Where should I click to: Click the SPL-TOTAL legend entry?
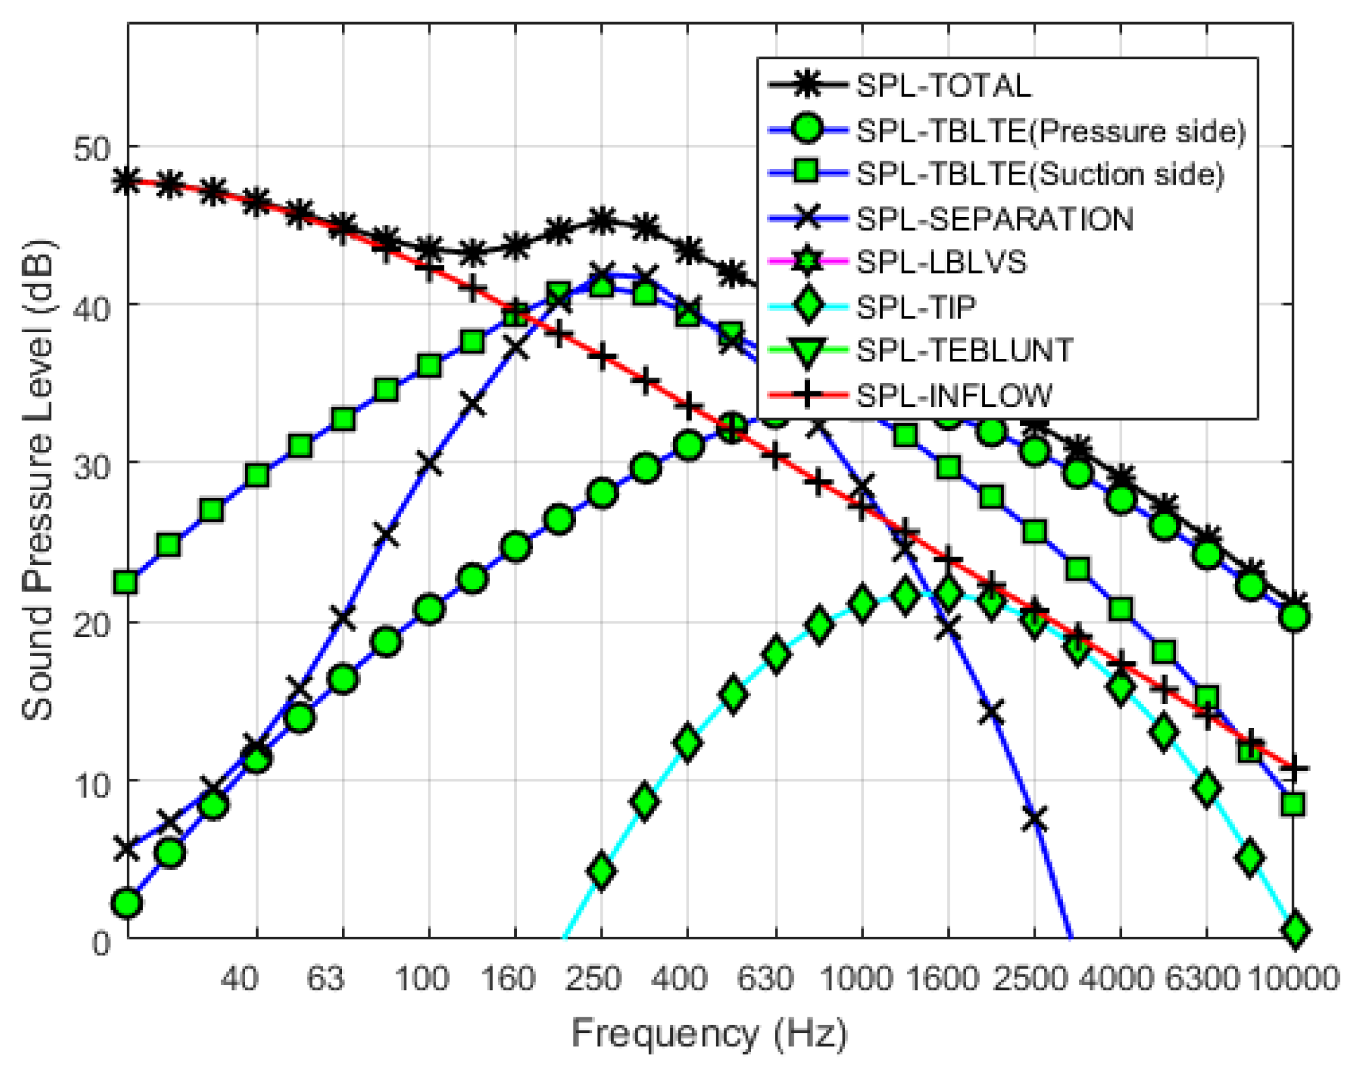coord(943,86)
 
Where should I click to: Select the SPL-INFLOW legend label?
coord(954,395)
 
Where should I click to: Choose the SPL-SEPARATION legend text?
coord(995,219)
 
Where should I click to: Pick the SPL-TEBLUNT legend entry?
coord(964,351)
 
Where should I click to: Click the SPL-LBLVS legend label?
coord(941,263)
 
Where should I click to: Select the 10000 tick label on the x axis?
coord(1294,978)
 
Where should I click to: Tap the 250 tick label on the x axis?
coord(592,978)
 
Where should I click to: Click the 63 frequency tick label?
coord(326,978)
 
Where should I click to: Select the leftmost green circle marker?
coord(127,904)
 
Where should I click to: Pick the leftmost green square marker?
coord(125,582)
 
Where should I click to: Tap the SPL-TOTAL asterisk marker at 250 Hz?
coord(602,221)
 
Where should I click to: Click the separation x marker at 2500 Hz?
coord(1034,819)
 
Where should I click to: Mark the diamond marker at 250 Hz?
coord(602,871)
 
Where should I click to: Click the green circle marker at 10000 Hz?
coord(1294,616)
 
